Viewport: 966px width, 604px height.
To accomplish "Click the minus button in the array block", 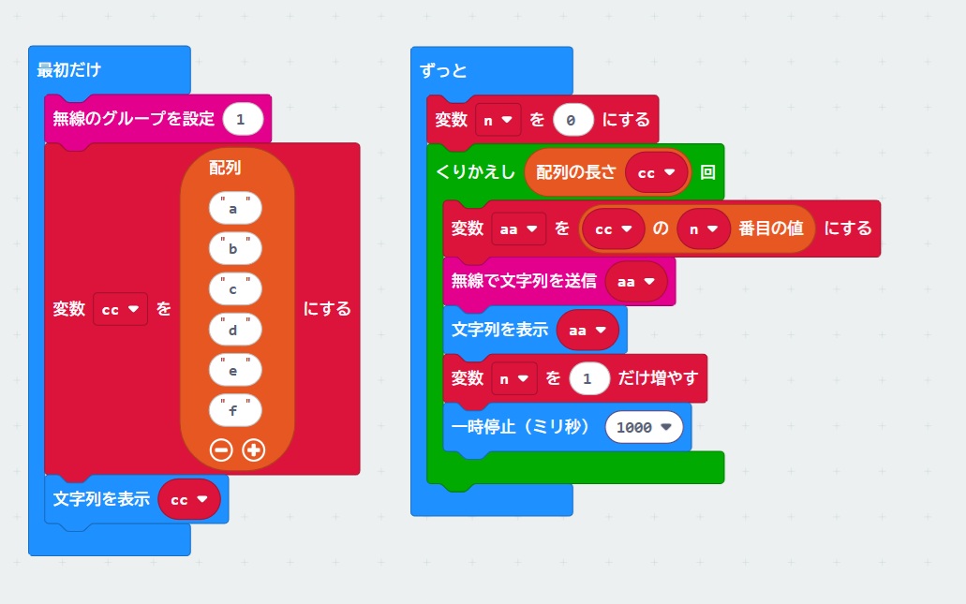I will click(221, 449).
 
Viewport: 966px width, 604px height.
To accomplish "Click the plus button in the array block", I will click(253, 449).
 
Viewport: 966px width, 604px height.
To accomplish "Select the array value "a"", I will click(234, 209).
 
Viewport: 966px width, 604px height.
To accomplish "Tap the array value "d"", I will click(234, 330).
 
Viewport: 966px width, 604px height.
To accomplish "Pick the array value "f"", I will click(234, 409).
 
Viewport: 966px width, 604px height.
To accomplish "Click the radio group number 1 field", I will click(242, 119).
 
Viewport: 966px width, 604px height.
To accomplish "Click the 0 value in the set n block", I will click(572, 120).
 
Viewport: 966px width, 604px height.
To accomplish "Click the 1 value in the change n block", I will click(587, 378).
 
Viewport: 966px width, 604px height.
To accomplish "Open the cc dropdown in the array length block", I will click(657, 173).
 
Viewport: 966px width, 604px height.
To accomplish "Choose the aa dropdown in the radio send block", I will click(635, 281).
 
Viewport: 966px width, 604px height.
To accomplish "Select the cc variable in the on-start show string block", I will click(189, 499).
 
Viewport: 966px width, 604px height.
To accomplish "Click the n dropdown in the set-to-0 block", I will click(498, 120).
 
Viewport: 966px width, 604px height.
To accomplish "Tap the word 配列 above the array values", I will click(225, 168).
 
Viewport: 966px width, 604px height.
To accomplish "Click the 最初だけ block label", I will click(68, 69).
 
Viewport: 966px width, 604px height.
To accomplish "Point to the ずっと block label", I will click(444, 71).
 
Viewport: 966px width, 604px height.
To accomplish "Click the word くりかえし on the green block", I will click(476, 173).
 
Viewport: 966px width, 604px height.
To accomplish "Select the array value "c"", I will click(234, 289).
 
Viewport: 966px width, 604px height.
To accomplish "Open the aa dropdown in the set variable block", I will click(518, 228).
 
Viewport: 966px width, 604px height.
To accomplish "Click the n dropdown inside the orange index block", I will click(703, 228).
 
